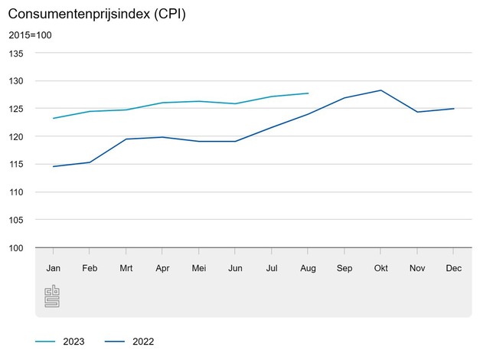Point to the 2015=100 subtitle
[30, 35]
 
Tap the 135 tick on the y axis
[16, 54]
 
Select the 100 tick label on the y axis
[16, 248]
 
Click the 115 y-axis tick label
[16, 165]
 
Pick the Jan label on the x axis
[54, 268]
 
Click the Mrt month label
[126, 268]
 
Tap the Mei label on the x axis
[199, 268]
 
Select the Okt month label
[380, 268]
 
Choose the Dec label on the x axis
[453, 268]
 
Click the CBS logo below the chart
[52, 296]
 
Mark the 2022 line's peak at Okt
[380, 90]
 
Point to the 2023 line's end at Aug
[308, 93]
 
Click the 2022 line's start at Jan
[54, 166]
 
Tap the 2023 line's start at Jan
[54, 118]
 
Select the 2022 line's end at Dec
[453, 109]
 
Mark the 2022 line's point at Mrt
[126, 139]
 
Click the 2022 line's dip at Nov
[417, 112]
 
